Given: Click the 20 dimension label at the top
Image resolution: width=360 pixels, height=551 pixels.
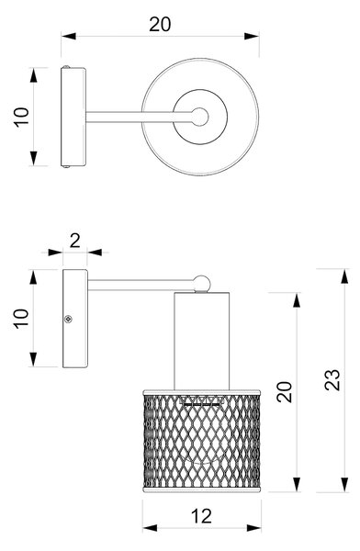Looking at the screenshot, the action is (160, 24).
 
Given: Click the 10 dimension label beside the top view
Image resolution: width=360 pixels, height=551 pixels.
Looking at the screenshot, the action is (21, 117).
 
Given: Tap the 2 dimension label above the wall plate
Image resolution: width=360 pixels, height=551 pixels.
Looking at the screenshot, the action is (75, 241).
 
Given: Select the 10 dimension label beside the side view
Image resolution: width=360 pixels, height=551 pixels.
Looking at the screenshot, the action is (21, 319).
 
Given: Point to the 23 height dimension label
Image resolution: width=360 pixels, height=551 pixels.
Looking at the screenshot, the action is (332, 379).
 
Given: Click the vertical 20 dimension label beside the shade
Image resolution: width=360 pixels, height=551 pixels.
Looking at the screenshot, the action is (285, 391).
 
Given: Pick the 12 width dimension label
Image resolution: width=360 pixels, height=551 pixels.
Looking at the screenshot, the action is (201, 516).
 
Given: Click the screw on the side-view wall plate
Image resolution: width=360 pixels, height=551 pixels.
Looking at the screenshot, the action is (68, 319).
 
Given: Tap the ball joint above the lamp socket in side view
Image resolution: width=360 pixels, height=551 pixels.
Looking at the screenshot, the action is (201, 284).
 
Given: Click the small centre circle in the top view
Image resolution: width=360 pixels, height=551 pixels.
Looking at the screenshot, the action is (199, 117).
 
